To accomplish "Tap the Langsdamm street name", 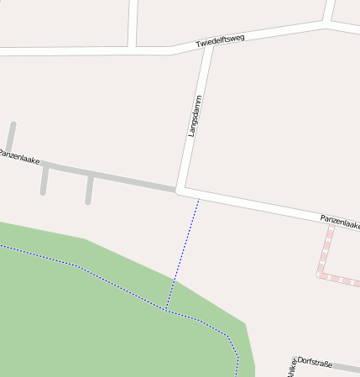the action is (x=196, y=116).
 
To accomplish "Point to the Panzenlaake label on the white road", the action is (x=340, y=222).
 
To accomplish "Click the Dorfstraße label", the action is (x=316, y=363).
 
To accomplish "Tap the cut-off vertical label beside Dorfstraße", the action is (x=292, y=367).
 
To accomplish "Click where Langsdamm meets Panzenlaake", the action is (x=180, y=190).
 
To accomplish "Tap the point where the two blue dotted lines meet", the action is (x=167, y=310).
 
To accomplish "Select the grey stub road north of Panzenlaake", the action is (x=11, y=137).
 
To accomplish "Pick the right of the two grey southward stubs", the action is (x=88, y=190).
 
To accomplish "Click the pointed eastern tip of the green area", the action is (x=246, y=323).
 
